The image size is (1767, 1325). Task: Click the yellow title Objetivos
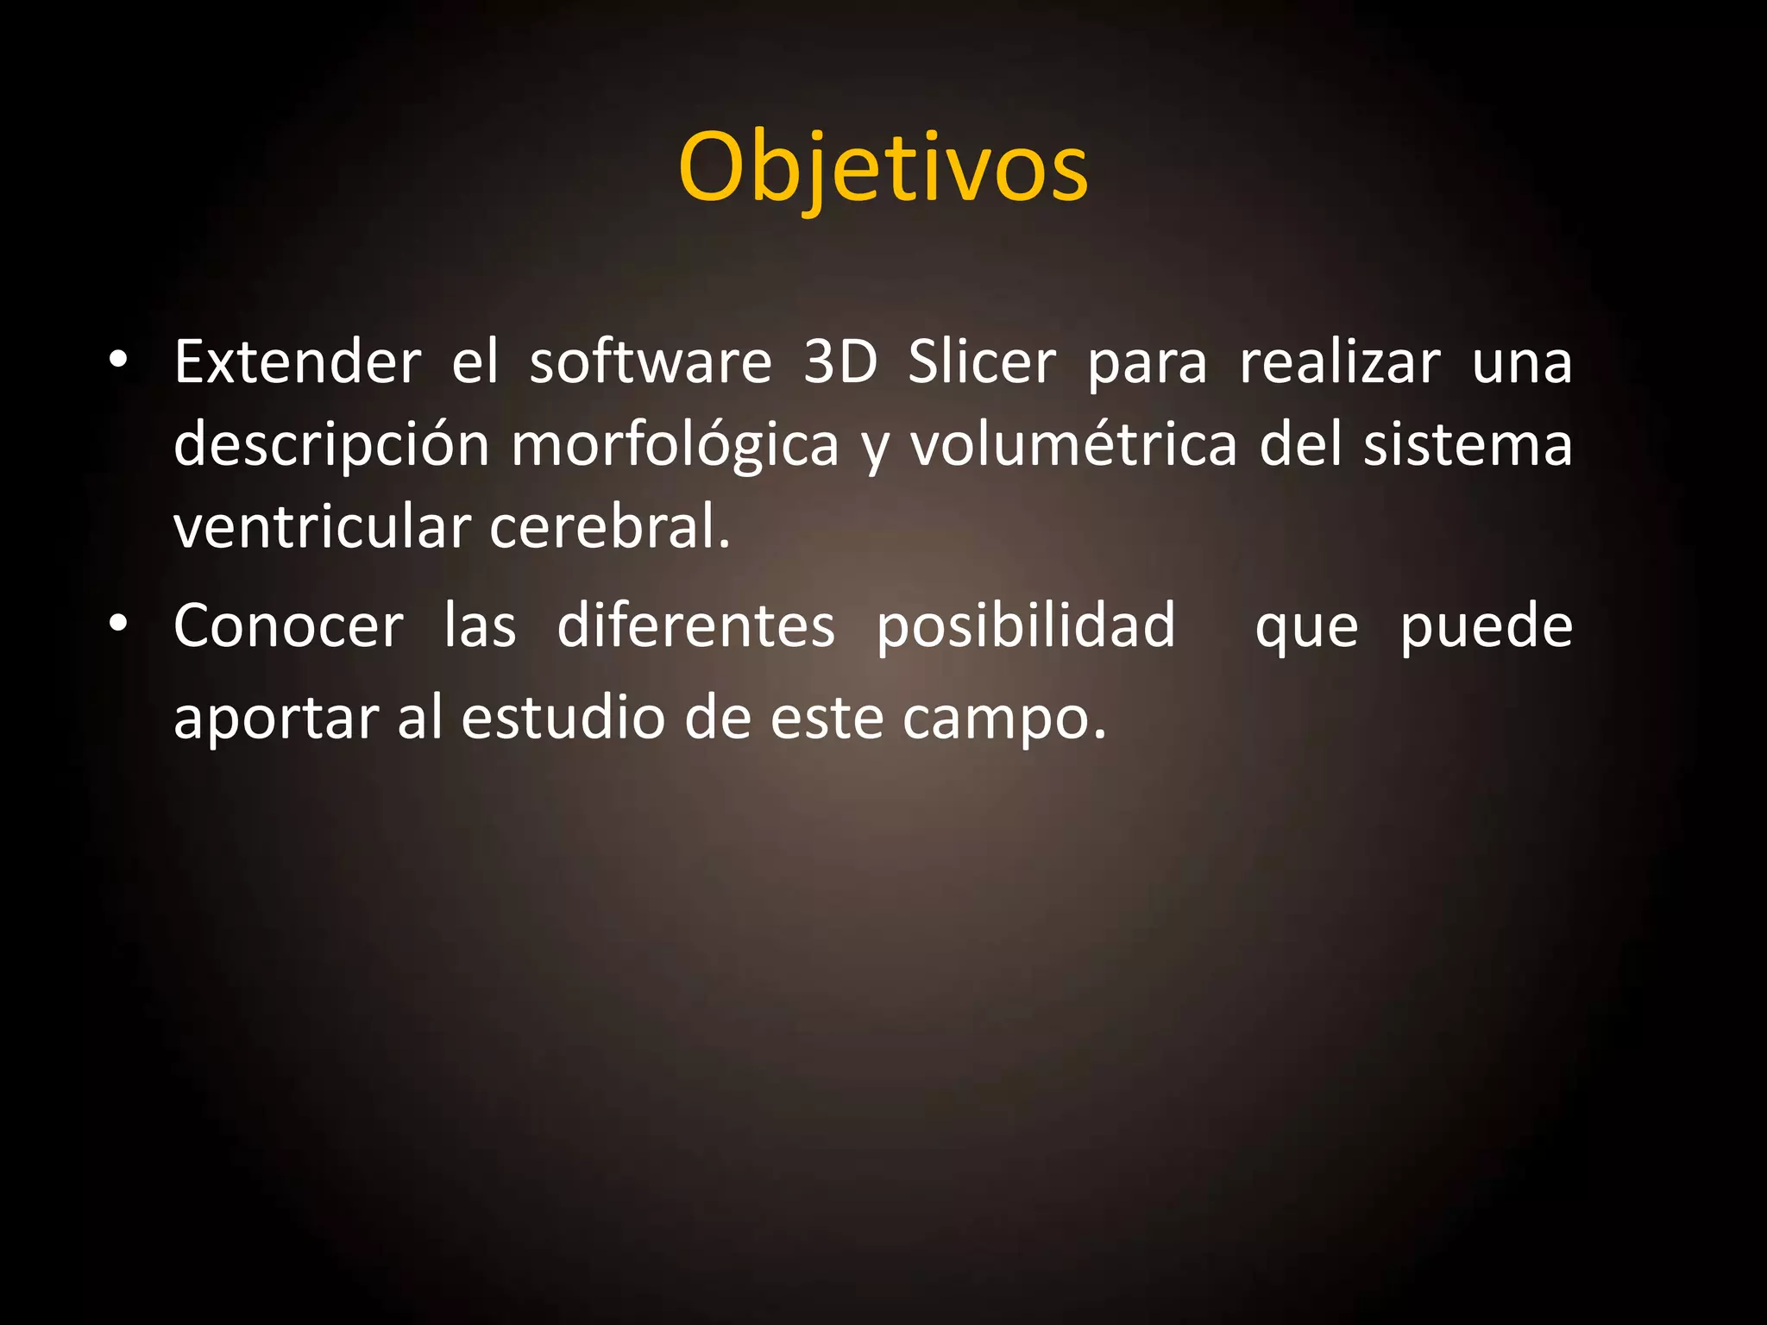pyautogui.click(x=883, y=167)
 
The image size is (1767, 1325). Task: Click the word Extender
pyautogui.click(x=298, y=362)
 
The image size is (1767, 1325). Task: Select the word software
pyautogui.click(x=651, y=362)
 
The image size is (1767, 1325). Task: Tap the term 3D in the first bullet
pyautogui.click(x=840, y=362)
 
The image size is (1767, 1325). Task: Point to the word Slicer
pyautogui.click(x=982, y=362)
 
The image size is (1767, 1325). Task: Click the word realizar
pyautogui.click(x=1340, y=362)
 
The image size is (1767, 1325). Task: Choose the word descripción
pyautogui.click(x=332, y=445)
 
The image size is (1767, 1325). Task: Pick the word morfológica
pyautogui.click(x=675, y=445)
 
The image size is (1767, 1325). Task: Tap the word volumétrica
pyautogui.click(x=1074, y=445)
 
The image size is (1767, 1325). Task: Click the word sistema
pyautogui.click(x=1468, y=445)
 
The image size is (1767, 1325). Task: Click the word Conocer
pyautogui.click(x=288, y=625)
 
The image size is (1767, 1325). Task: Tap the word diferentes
pyautogui.click(x=695, y=625)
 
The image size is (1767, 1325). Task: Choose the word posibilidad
pyautogui.click(x=1026, y=625)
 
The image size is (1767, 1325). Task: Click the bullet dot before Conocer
pyautogui.click(x=119, y=622)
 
